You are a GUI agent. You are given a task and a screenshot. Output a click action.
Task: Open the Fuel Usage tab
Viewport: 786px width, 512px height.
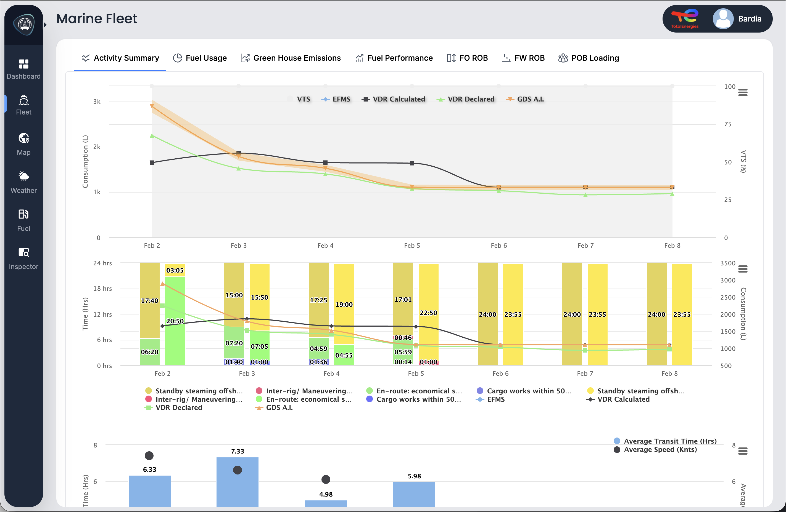tap(200, 58)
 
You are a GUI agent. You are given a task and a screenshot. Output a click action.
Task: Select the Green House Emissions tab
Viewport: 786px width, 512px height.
tap(291, 58)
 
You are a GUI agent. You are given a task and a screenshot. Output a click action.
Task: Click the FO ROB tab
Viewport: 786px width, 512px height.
tap(467, 58)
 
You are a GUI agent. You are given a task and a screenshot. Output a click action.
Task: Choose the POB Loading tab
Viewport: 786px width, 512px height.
tap(589, 58)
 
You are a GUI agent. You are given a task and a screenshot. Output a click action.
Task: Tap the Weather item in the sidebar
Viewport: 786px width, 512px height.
tap(23, 182)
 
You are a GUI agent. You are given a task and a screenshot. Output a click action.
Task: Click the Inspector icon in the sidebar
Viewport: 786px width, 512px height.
tap(23, 252)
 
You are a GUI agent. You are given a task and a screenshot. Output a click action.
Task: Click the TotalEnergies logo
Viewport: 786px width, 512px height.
tap(685, 19)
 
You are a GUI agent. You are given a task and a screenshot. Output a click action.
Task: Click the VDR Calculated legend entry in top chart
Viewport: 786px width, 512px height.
tap(394, 99)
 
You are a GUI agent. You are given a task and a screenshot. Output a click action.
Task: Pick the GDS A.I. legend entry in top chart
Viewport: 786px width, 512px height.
tap(525, 99)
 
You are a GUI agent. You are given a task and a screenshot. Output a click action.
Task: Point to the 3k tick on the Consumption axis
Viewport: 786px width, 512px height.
tap(97, 102)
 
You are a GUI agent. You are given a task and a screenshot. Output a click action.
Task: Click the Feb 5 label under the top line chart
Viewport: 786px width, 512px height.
tap(412, 246)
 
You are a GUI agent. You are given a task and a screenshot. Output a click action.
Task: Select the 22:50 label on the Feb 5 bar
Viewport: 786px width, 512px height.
tap(428, 313)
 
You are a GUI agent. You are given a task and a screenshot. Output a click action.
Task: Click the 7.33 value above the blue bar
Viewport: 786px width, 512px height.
tap(238, 451)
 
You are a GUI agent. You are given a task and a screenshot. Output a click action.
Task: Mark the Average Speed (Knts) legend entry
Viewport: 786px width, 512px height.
tap(660, 450)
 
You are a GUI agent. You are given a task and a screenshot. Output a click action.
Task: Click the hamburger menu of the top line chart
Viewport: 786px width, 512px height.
tap(743, 92)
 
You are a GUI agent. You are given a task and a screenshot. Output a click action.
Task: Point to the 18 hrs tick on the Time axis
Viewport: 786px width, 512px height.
tap(102, 289)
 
